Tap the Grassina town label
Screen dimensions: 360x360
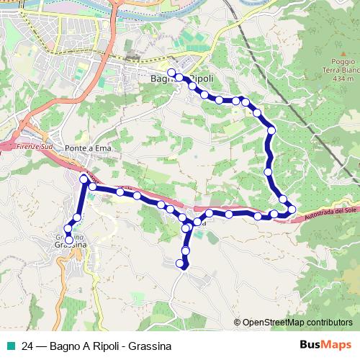(71, 245)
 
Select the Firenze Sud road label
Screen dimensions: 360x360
(30, 146)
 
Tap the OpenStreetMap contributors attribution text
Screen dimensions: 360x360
(297, 323)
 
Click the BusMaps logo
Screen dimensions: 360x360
(326, 345)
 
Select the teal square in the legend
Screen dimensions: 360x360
(11, 346)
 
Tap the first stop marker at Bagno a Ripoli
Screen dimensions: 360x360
(171, 72)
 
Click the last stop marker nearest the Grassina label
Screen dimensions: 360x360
(69, 240)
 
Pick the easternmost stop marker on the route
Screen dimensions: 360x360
(292, 210)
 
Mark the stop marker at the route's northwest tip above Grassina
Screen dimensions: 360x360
(84, 178)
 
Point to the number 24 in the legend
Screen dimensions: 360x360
(27, 346)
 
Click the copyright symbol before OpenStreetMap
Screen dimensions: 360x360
(237, 323)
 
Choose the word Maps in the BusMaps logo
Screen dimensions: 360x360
(336, 345)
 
